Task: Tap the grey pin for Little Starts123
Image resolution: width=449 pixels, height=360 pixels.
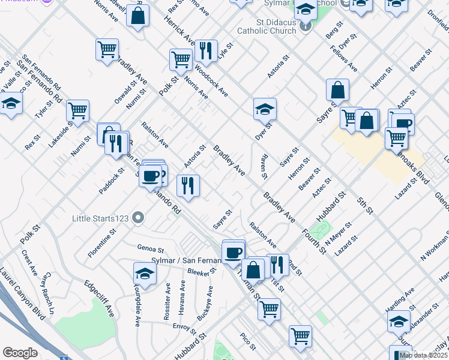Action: (x=139, y=218)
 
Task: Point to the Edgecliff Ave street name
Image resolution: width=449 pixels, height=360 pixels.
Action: (x=99, y=299)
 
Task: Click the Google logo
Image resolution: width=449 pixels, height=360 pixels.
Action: (x=20, y=353)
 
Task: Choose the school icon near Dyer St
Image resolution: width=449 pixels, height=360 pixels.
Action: (x=265, y=109)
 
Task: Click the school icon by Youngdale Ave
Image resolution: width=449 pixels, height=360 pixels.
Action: (x=144, y=274)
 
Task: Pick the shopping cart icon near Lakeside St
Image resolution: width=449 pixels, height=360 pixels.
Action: (x=77, y=111)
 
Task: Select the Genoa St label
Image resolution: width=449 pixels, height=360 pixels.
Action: (x=151, y=248)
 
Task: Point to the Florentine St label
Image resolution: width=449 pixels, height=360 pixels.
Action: (x=101, y=243)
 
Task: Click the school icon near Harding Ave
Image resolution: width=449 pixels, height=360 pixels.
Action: (x=399, y=322)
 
